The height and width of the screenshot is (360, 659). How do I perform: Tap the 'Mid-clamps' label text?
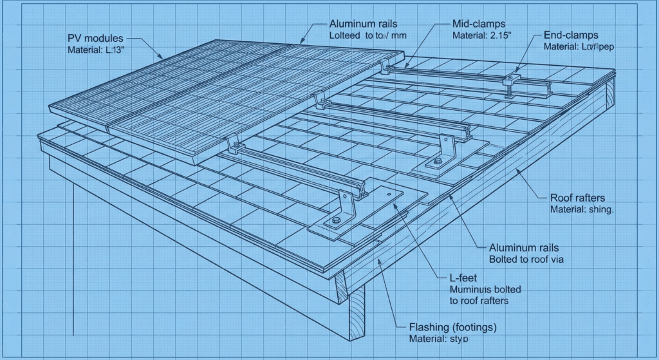477,24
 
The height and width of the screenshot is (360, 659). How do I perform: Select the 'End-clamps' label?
571,35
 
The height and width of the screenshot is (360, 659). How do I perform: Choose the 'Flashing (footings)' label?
453,327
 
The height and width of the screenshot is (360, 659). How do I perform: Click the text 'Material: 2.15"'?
481,35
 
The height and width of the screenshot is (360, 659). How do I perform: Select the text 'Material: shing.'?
582,210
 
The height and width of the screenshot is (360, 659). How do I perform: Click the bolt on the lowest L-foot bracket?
335,222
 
